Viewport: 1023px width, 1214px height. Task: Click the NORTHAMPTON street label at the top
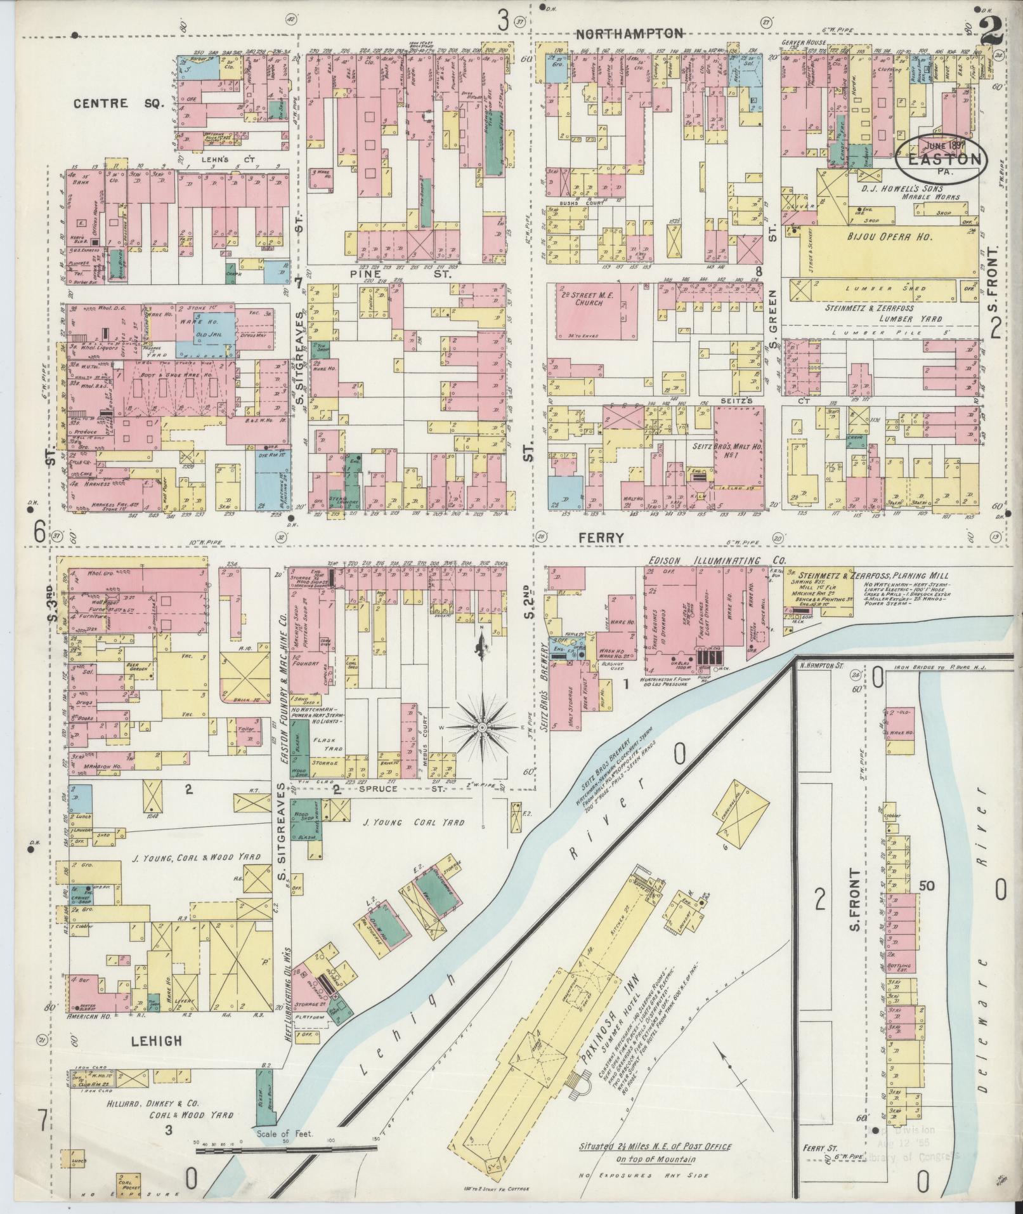click(x=630, y=34)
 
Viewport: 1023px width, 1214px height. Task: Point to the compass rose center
click(x=483, y=726)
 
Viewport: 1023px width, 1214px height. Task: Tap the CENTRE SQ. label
click(x=110, y=103)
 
